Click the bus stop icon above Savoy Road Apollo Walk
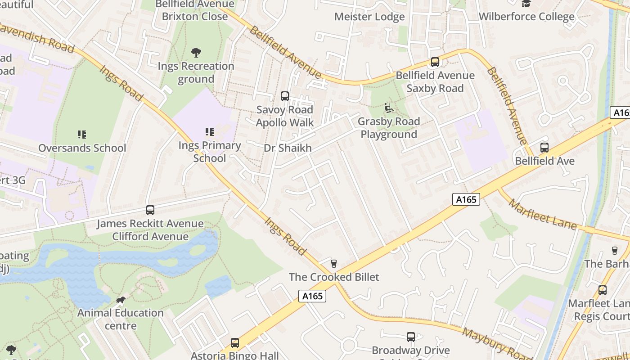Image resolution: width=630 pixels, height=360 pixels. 284,96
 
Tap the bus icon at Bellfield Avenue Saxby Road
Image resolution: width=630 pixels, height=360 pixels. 435,62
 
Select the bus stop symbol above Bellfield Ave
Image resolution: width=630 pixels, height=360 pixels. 544,147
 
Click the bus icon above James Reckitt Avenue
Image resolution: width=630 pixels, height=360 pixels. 150,210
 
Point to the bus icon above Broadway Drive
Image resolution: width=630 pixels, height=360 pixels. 410,337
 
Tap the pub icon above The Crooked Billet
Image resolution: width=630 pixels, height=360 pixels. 333,263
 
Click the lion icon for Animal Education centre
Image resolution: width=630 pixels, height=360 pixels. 120,300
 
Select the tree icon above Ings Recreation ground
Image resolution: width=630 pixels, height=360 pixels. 196,53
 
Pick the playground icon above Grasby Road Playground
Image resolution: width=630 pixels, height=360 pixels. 389,108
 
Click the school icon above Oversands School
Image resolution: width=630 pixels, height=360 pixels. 81,134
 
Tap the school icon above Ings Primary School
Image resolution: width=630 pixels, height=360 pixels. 209,131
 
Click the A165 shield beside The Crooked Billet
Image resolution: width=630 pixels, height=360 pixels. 312,296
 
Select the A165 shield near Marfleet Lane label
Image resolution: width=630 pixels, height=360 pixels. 466,199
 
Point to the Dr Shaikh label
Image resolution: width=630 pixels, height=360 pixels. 288,148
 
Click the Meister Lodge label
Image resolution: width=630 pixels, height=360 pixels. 369,17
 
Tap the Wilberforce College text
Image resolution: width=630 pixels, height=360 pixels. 526,17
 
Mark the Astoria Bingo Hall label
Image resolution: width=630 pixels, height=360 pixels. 234,355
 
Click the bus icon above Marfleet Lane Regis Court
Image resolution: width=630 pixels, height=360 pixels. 602,290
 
